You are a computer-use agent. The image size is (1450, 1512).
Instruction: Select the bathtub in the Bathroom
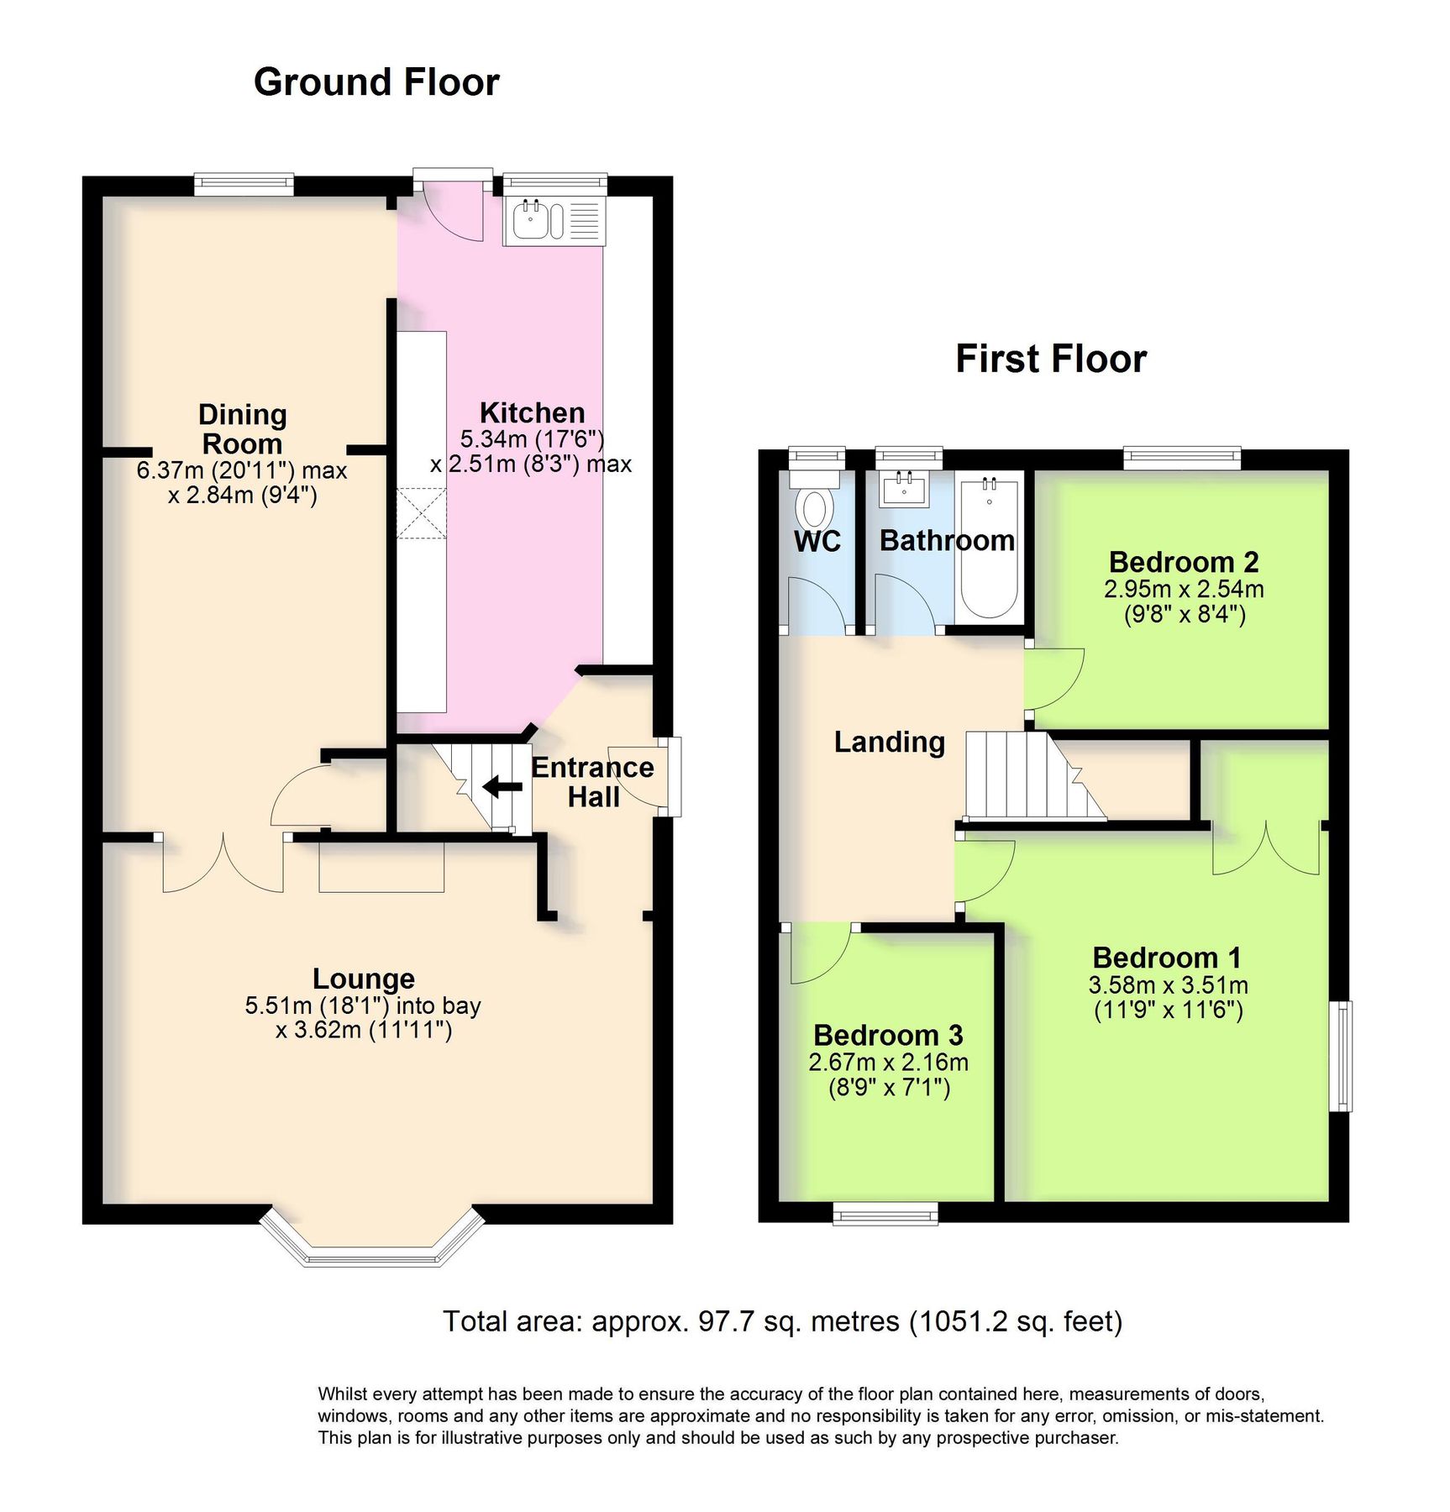pos(989,549)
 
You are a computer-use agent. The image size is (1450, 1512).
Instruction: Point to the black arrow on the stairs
pos(502,787)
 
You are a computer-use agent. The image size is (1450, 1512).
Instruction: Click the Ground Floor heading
pos(376,82)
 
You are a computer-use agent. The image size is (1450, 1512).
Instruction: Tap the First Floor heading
pos(1050,359)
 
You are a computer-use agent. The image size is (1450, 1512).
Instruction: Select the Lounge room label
pos(363,979)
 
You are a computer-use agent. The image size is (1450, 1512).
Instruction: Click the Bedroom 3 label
pos(888,1035)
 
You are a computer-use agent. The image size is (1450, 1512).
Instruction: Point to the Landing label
pos(889,742)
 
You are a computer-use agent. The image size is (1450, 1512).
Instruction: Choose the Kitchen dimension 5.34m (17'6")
pos(532,438)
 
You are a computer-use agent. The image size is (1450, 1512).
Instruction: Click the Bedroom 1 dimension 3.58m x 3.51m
pos(1168,984)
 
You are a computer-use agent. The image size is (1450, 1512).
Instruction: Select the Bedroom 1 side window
pos(1340,1055)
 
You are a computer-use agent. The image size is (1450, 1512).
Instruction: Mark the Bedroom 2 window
pos(1182,458)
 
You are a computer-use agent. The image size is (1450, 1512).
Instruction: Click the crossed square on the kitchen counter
pos(422,513)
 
